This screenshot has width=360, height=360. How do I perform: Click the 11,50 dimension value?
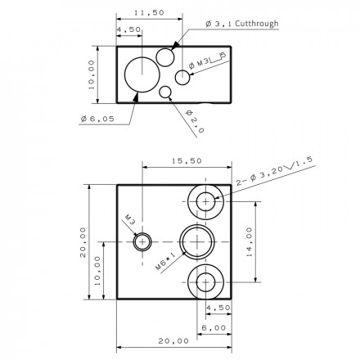pyautogui.click(x=150, y=12)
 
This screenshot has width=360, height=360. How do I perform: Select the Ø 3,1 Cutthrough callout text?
pyautogui.click(x=242, y=24)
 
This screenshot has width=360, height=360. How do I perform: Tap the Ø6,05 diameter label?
pyautogui.click(x=97, y=119)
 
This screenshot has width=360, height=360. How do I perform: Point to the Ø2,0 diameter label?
pyautogui.click(x=195, y=121)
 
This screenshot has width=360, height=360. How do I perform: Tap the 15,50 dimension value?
pyautogui.click(x=187, y=161)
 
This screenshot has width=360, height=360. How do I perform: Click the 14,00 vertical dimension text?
pyautogui.click(x=250, y=242)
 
